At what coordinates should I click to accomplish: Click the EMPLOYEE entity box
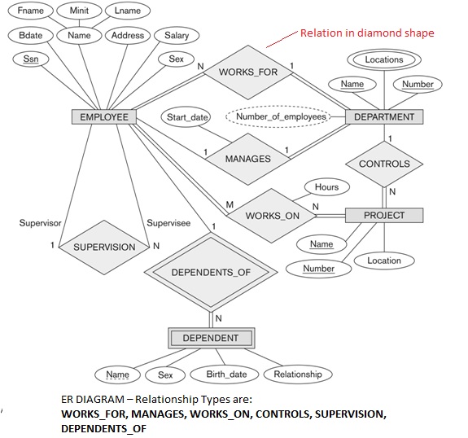tap(104, 117)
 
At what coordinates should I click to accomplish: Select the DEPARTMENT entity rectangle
tap(384, 116)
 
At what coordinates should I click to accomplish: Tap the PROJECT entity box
tap(383, 215)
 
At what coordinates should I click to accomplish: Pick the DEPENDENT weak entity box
tap(210, 337)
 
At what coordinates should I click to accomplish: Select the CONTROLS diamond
tap(384, 164)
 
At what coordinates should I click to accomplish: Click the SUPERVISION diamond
tap(104, 247)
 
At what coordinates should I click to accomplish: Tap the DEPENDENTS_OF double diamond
tap(210, 272)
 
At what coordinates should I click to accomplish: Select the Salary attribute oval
tap(177, 36)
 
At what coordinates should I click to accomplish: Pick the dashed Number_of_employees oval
tap(281, 116)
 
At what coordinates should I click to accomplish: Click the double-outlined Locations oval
tap(384, 59)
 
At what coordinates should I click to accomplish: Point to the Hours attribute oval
tap(326, 187)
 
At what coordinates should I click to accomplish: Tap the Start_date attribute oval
tap(188, 117)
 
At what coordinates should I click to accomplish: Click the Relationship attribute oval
tap(297, 374)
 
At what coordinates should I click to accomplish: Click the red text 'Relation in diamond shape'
tap(367, 33)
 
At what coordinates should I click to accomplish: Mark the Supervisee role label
tap(168, 222)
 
